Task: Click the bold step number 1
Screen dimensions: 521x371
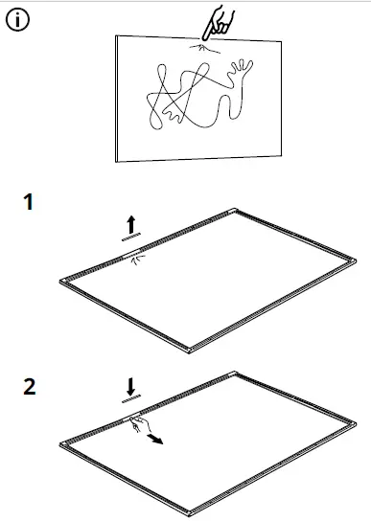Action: pos(29,203)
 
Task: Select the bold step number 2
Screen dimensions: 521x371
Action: pos(30,388)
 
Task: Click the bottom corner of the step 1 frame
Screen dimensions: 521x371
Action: pos(195,348)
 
